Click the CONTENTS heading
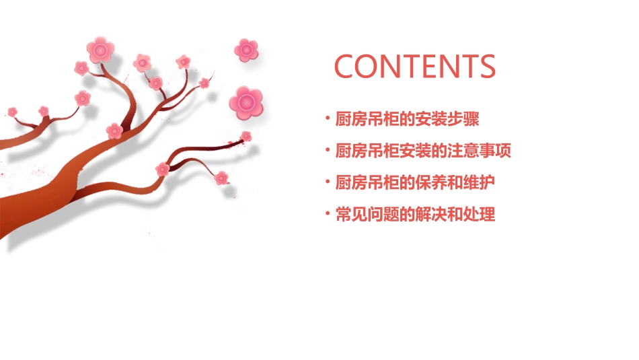[x=415, y=66]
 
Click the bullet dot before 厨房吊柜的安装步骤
[x=328, y=119]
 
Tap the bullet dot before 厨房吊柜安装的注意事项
[x=328, y=151]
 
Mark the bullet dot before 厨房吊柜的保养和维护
[x=328, y=183]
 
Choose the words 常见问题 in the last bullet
[x=365, y=215]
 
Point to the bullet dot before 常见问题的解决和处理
[x=328, y=215]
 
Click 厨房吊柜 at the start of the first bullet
[x=365, y=119]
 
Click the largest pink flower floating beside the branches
[x=246, y=102]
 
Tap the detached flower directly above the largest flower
[x=246, y=49]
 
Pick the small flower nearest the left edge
[x=12, y=111]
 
